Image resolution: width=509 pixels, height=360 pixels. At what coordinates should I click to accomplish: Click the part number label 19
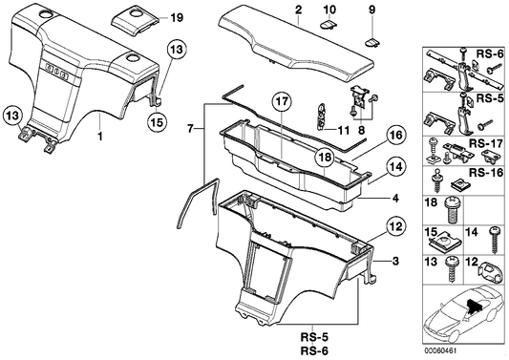[x=175, y=18]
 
